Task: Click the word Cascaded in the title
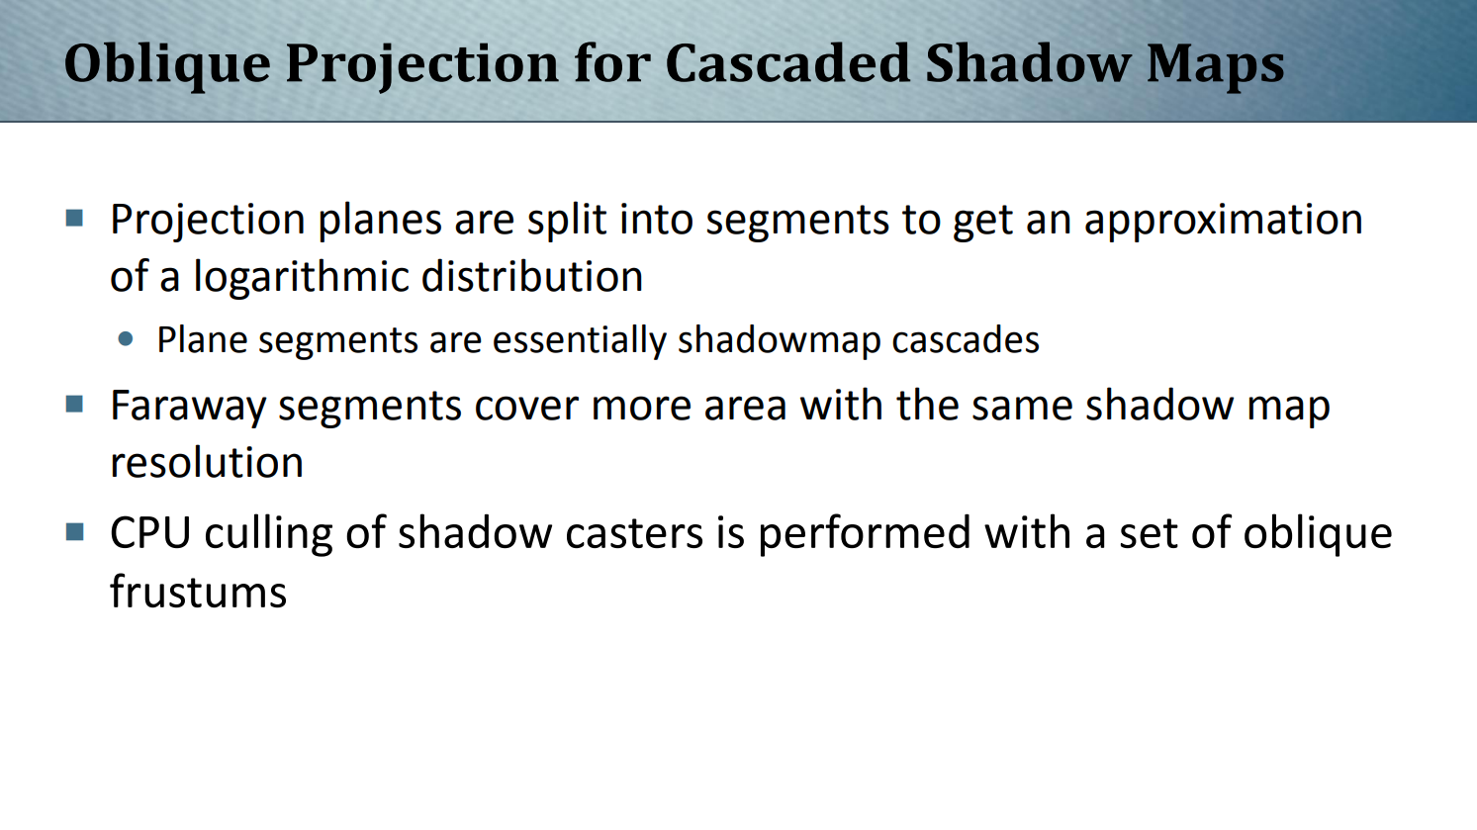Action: tap(787, 64)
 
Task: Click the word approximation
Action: tap(1223, 221)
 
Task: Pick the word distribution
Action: tap(532, 276)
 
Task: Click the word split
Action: tap(567, 221)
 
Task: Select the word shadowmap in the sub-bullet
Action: tap(779, 341)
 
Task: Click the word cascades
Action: tap(966, 340)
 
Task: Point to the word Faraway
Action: tap(188, 407)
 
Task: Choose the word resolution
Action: tap(207, 462)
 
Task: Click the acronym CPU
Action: tap(150, 532)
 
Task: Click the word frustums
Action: tap(199, 592)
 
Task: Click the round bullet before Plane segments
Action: tap(126, 339)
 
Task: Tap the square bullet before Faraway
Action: tap(74, 404)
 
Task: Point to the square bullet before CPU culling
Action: tap(74, 531)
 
